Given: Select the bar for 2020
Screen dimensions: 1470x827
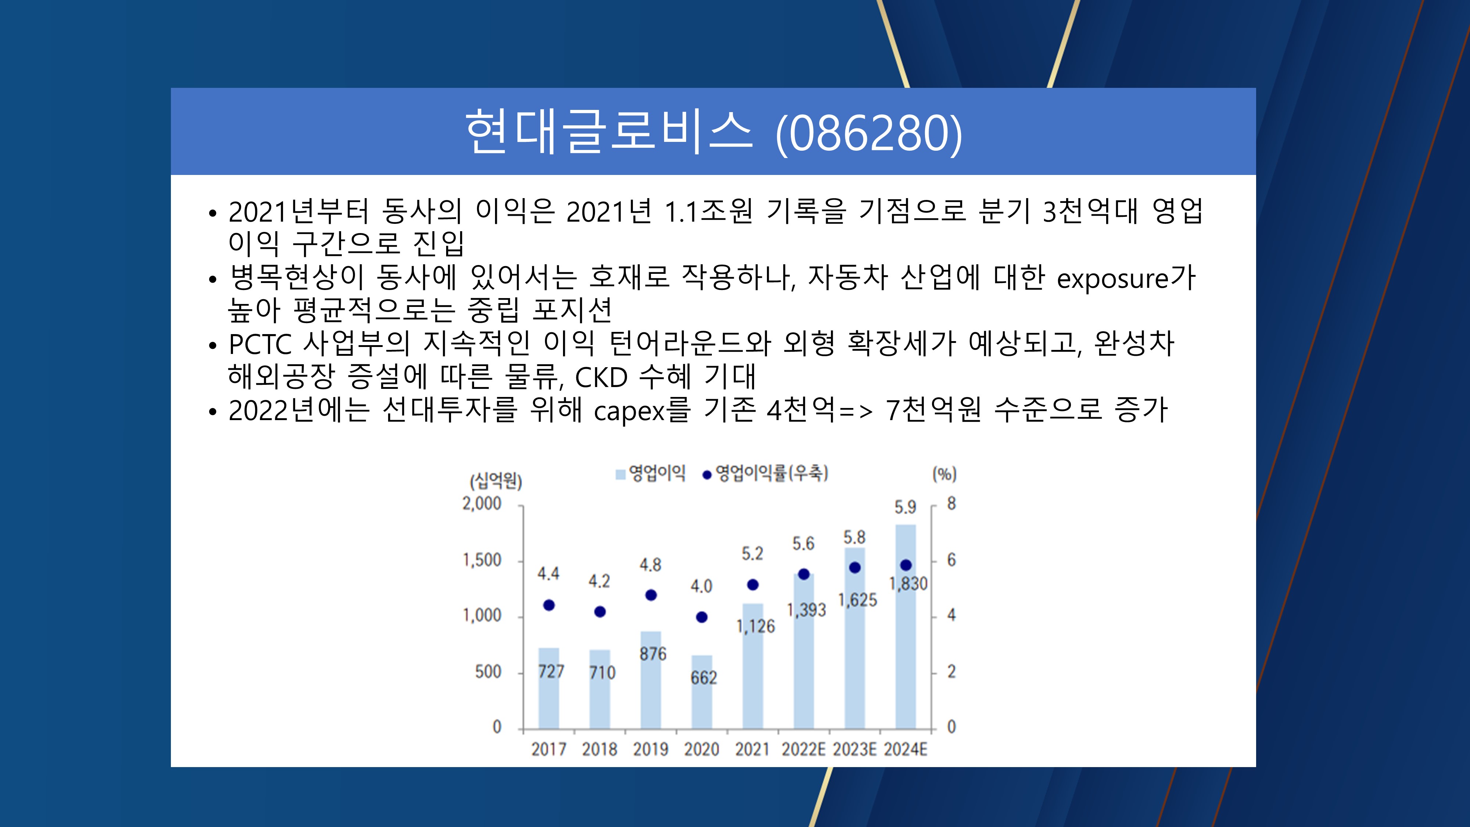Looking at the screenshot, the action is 702,692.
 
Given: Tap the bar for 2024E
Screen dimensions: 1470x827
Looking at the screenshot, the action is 906,627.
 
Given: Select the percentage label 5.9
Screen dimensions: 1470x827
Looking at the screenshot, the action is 905,507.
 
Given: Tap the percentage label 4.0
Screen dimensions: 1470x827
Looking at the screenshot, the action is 701,586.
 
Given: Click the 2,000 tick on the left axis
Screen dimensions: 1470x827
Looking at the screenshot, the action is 482,504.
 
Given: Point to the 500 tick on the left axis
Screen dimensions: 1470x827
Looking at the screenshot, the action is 488,672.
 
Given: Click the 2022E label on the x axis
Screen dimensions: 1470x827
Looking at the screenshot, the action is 803,749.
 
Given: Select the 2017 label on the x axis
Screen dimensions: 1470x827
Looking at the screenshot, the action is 549,749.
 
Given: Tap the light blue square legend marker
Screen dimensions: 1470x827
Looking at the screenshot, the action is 620,474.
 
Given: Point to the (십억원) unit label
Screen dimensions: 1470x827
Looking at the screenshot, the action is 496,481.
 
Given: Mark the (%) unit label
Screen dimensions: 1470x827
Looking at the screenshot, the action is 944,474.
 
